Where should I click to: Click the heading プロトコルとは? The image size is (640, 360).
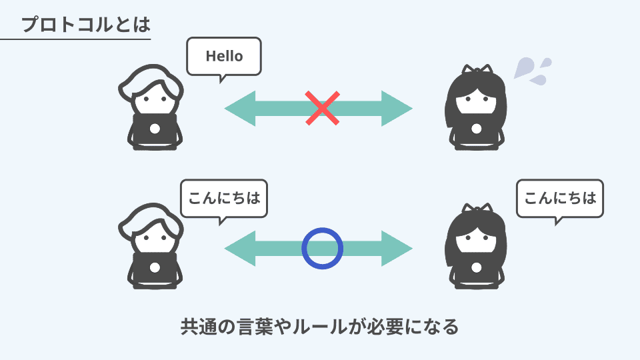coord(85,25)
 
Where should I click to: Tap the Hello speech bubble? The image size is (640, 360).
coord(224,56)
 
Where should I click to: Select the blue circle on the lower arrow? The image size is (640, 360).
coord(323,248)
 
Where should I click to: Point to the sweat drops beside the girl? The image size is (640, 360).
coord(532,70)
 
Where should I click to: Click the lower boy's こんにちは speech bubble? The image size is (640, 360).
coord(224,197)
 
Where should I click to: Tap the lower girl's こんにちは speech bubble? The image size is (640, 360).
coord(560,197)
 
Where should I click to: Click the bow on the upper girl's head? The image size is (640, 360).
coord(477,70)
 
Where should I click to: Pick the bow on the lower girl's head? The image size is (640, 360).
coord(477,209)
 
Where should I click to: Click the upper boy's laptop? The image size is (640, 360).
coord(155,129)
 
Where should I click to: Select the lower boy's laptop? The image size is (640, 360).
coord(155,268)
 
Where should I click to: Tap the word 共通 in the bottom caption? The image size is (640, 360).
coord(199,327)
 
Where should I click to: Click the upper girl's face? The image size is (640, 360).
coord(475,100)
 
